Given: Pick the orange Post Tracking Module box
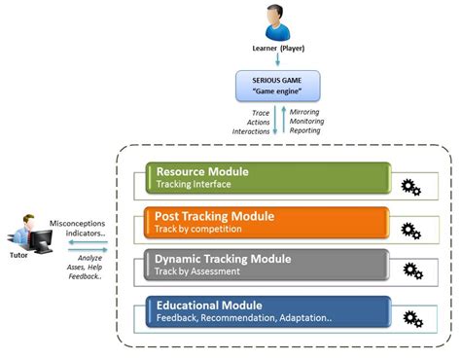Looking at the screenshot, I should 266,222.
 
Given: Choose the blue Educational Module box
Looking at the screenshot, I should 266,311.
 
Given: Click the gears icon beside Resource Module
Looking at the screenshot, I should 411,185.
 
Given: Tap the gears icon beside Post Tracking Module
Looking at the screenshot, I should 411,231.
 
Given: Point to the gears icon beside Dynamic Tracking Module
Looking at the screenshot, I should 411,272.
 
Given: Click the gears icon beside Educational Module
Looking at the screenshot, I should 411,318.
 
